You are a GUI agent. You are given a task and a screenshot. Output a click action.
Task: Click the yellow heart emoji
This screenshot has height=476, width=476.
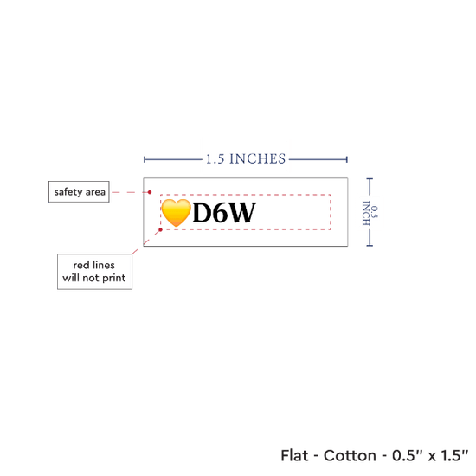(176, 213)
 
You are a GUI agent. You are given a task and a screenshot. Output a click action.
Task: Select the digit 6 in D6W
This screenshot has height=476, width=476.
(222, 213)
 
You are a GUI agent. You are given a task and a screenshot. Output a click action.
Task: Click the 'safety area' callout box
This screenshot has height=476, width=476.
(79, 192)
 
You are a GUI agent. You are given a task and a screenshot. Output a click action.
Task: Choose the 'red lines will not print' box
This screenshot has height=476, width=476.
(94, 272)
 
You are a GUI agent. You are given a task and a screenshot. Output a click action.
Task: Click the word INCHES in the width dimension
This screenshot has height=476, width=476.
(257, 159)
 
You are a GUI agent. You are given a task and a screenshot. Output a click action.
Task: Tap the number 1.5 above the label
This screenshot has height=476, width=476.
(215, 159)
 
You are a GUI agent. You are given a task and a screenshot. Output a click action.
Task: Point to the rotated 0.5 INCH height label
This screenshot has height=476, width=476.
(370, 213)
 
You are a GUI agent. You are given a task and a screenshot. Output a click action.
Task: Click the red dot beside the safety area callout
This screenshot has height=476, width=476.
(150, 192)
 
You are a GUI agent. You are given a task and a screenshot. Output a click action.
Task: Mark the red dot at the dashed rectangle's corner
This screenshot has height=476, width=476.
(161, 230)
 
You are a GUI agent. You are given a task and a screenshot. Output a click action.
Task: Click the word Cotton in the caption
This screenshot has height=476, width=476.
(350, 455)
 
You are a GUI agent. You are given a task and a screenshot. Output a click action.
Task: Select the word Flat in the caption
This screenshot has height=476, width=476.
(294, 455)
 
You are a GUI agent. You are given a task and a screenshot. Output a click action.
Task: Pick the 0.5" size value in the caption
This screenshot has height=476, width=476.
(408, 455)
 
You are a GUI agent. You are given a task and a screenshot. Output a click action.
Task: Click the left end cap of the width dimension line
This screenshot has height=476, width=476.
(145, 159)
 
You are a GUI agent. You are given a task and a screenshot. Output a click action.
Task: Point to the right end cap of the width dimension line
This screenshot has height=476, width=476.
(347, 159)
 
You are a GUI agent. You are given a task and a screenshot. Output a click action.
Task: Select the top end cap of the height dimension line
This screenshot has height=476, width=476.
(370, 179)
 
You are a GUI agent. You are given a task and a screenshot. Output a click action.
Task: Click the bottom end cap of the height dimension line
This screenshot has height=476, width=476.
(370, 245)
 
